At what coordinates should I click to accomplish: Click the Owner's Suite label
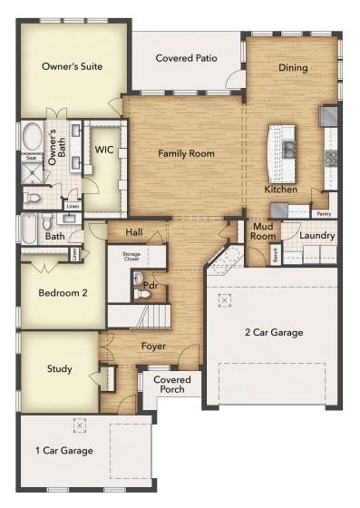72,66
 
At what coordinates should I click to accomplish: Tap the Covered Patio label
186,58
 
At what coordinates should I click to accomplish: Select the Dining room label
293,67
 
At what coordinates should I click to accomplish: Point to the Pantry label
324,214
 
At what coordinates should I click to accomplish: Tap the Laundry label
316,236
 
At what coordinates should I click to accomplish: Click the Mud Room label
264,230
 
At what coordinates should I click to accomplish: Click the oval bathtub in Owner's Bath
32,139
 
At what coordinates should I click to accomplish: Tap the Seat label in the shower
31,158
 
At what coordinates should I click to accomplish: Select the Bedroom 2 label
63,293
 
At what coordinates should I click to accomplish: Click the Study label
60,369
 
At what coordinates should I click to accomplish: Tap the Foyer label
152,346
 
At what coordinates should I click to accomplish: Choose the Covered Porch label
170,384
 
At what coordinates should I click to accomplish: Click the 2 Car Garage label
274,332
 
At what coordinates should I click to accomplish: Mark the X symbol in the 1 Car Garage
80,425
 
